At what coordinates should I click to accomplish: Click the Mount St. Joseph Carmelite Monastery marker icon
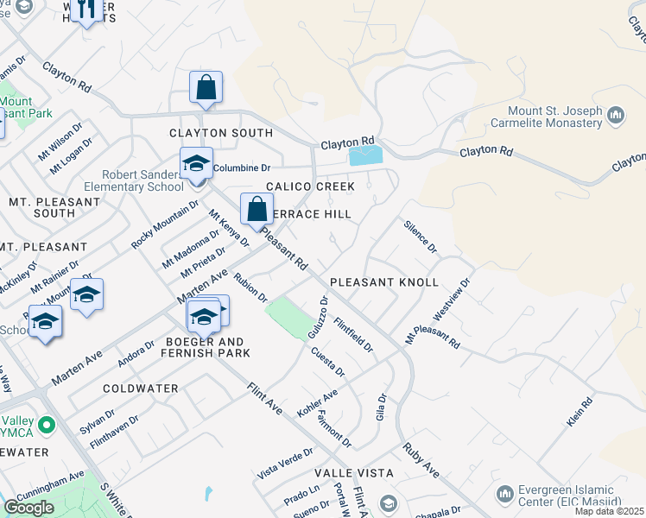616,114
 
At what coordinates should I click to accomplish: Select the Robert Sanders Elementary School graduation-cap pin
196,164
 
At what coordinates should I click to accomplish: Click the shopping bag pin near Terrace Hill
257,209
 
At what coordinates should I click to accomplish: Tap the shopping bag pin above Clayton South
206,88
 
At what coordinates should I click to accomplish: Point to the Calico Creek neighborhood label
310,186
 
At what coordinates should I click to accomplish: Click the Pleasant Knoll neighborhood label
384,282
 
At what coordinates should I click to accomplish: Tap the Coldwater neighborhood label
141,388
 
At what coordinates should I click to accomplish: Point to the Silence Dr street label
421,235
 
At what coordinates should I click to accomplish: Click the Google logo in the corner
29,507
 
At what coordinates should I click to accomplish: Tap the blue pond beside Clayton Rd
365,156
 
